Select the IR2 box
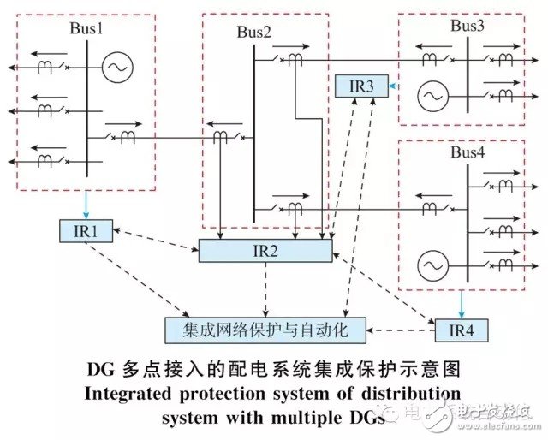point(265,250)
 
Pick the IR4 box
point(461,329)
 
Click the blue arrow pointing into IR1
point(86,205)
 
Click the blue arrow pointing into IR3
point(392,86)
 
